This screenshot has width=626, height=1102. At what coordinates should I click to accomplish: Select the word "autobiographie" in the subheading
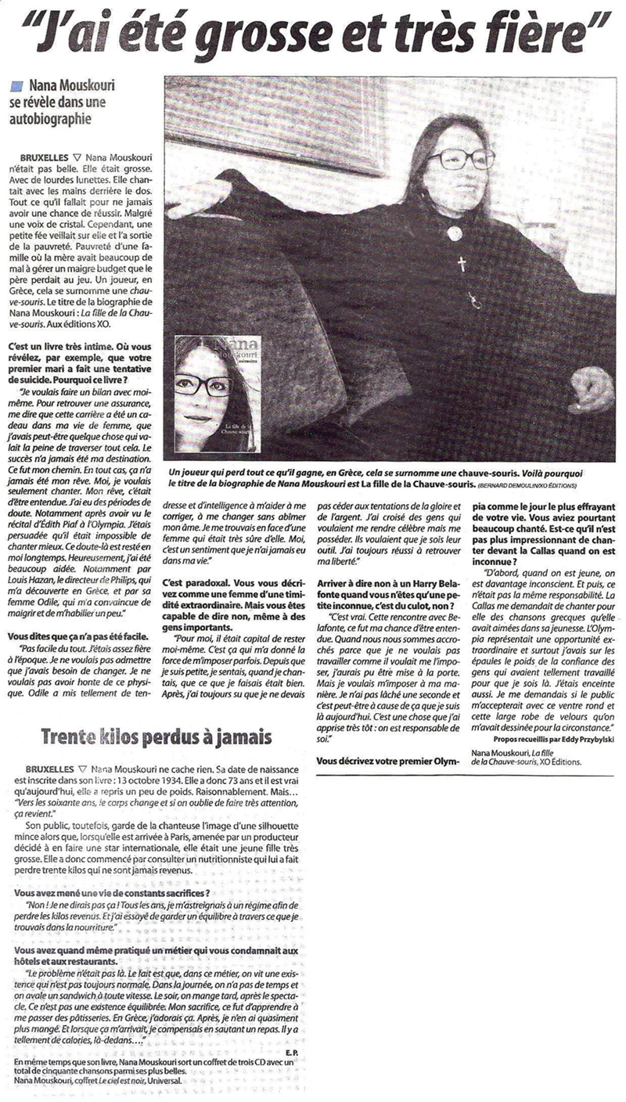click(x=51, y=121)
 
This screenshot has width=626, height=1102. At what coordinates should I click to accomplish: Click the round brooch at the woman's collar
click(x=453, y=233)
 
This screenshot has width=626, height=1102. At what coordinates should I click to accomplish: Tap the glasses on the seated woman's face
click(x=459, y=159)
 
